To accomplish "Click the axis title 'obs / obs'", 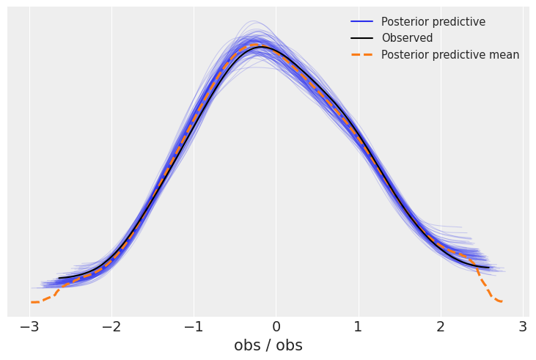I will [268, 345].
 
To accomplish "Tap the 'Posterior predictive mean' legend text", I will [449, 55].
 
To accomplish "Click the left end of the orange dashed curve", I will [32, 302].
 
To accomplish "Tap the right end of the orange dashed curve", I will [502, 301].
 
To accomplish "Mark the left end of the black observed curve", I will [59, 279].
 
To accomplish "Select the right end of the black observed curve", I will [488, 268].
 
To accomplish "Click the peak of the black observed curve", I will [260, 47].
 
